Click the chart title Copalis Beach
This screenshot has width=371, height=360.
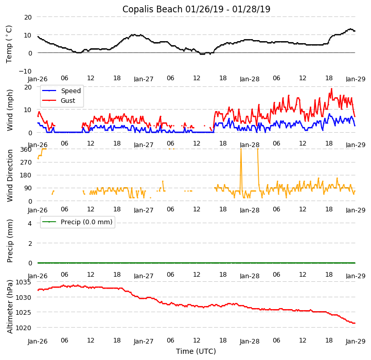(x=196, y=9)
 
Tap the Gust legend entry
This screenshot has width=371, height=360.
(x=68, y=101)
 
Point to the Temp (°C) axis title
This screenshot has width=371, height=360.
(x=9, y=44)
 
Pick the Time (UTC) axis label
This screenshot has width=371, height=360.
(x=196, y=351)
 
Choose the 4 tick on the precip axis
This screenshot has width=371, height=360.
(x=29, y=223)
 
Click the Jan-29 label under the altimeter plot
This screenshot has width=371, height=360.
(x=355, y=341)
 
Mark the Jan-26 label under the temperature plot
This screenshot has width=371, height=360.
(x=38, y=79)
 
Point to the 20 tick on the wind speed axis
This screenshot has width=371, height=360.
(x=28, y=87)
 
